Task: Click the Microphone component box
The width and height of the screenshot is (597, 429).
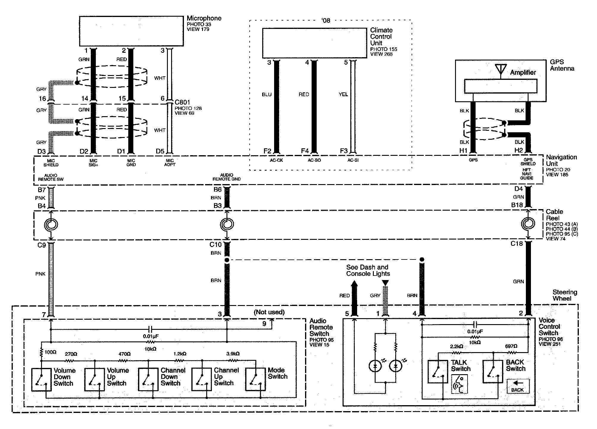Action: click(131, 31)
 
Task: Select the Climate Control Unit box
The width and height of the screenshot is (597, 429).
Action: click(314, 43)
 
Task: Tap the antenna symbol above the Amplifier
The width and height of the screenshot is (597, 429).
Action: click(501, 69)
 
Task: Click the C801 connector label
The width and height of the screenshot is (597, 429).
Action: click(182, 102)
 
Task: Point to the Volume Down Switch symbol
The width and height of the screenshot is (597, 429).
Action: click(41, 379)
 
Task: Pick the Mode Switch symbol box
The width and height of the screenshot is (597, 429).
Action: click(255, 379)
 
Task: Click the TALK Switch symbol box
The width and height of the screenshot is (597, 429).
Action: click(437, 372)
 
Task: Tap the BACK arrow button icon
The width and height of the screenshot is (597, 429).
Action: click(518, 386)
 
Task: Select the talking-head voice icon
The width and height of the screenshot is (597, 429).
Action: click(460, 384)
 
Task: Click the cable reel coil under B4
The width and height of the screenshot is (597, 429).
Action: click(51, 224)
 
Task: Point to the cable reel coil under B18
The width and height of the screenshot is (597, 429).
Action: click(528, 224)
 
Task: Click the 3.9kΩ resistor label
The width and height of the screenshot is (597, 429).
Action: click(233, 354)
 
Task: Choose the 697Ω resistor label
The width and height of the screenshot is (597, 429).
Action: click(511, 346)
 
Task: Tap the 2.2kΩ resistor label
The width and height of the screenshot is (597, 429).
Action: click(456, 346)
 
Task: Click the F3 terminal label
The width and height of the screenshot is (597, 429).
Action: click(344, 151)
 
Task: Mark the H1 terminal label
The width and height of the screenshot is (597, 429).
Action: click(463, 151)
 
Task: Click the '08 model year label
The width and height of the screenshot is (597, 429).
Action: click(326, 21)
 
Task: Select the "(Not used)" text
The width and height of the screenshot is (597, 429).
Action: click(269, 312)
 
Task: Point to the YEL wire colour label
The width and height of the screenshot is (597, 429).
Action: click(343, 94)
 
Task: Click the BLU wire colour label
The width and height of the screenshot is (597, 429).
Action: click(267, 94)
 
